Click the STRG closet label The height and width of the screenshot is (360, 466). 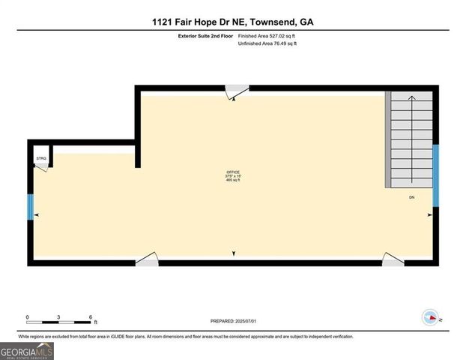pos(40,159)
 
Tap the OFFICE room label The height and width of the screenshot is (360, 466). pos(233,172)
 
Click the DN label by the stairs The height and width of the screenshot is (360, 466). pos(411,197)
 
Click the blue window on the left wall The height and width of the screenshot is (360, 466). pos(31,207)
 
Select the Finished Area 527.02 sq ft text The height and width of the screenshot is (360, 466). pos(267,35)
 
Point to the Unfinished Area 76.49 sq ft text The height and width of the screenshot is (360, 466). pos(267,44)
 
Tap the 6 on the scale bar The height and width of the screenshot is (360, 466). pos(90,316)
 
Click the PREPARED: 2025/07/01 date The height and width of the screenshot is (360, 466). pos(233,321)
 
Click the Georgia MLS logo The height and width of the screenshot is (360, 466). pos(27,350)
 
